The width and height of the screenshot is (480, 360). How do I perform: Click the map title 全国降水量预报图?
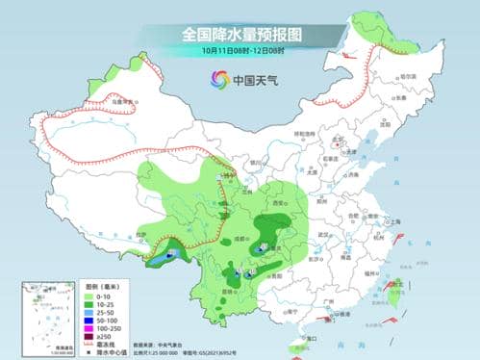(240, 34)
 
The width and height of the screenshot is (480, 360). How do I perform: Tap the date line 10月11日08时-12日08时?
(240, 50)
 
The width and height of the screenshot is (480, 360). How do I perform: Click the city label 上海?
(393, 221)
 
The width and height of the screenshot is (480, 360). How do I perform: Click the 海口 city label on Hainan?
(306, 339)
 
